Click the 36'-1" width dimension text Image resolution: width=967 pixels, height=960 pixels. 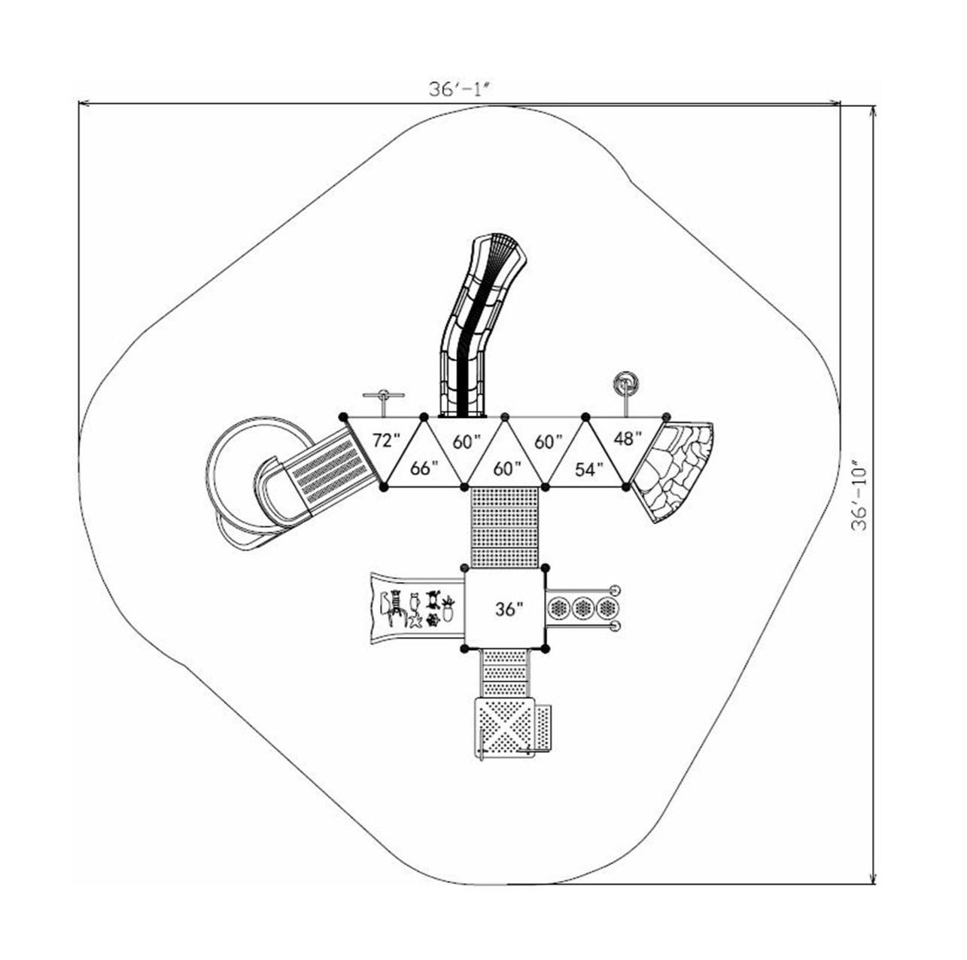coord(460,88)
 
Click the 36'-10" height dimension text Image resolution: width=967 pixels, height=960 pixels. coord(859,497)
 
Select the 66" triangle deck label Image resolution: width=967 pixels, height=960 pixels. coord(424,468)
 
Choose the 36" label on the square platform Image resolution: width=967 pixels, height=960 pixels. coord(509,609)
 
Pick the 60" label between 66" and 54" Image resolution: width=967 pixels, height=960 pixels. coord(507,469)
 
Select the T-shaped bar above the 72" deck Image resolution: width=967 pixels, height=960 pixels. coord(384,395)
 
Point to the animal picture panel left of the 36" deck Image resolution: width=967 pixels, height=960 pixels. coord(414,608)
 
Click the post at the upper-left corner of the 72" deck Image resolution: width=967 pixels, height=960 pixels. coord(343,416)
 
